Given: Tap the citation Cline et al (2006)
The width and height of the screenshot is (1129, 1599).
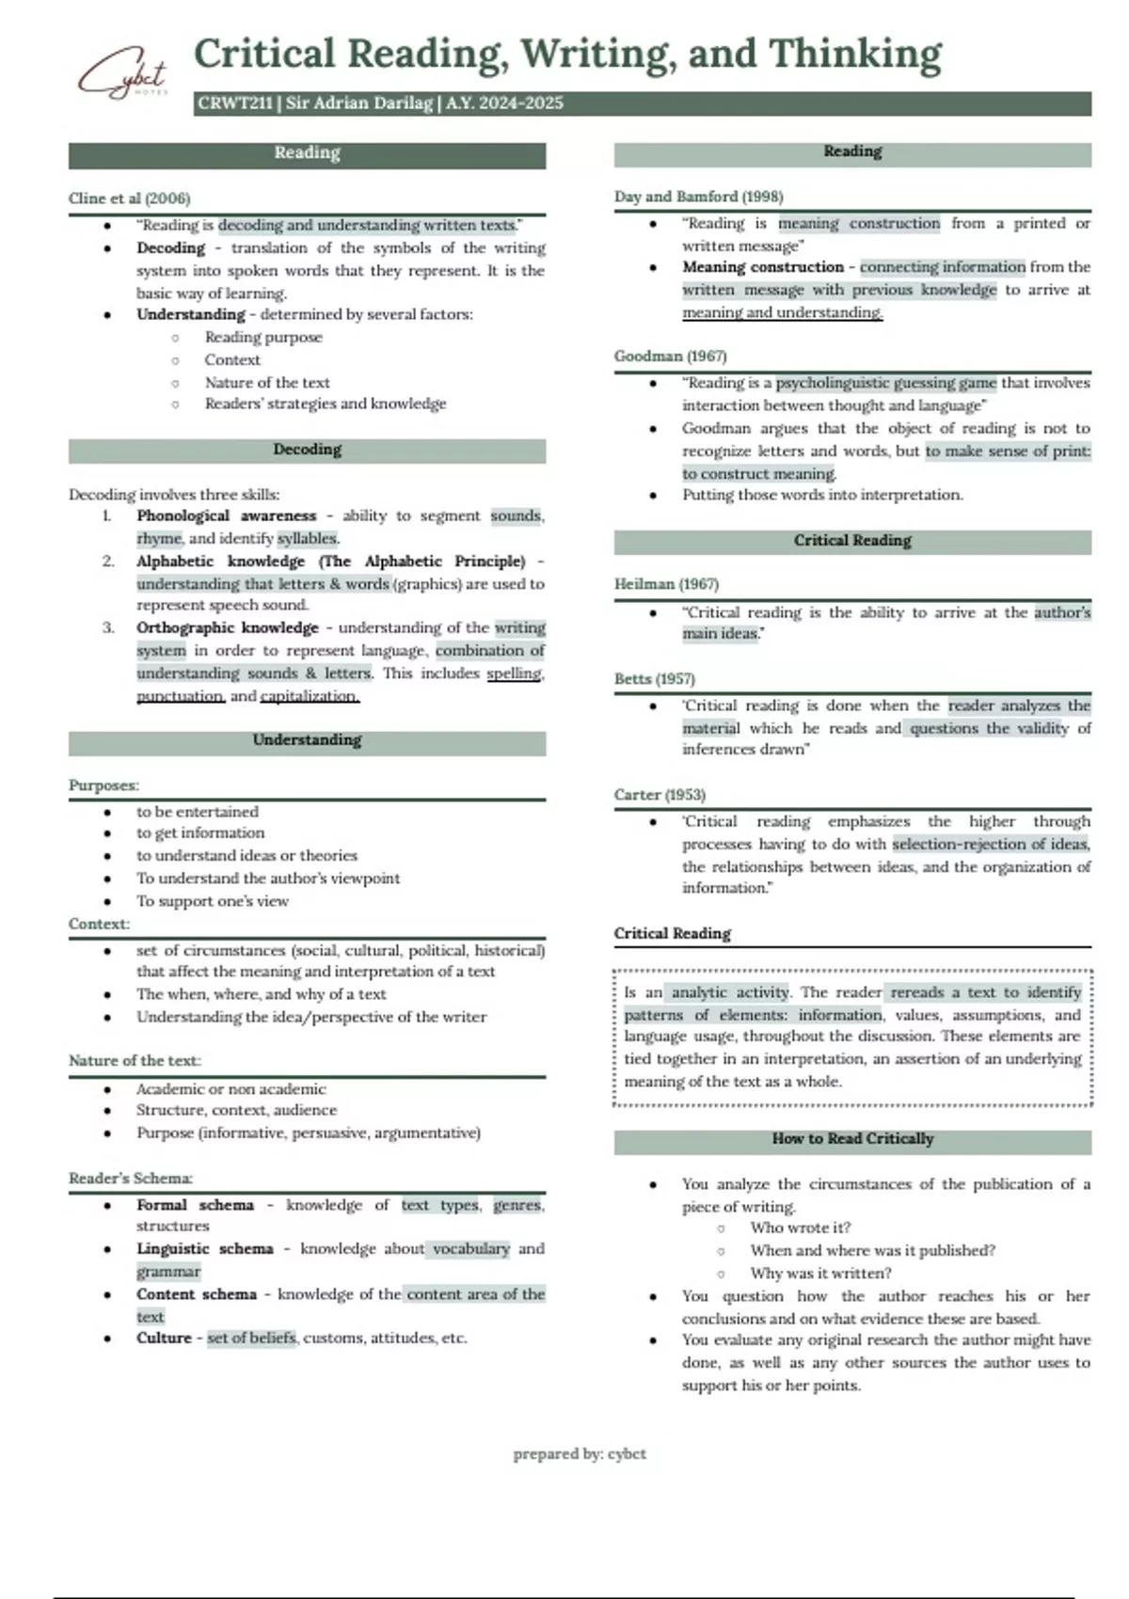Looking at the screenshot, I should tap(129, 198).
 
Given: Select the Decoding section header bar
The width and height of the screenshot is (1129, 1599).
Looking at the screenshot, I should tap(307, 451).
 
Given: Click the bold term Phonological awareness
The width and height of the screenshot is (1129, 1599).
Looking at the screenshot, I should tap(226, 516).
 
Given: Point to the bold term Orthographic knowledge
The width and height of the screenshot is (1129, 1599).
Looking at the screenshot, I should tap(228, 628).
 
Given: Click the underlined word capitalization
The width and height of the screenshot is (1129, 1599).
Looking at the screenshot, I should tap(310, 697).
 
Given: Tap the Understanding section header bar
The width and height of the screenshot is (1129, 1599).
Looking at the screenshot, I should tap(307, 741).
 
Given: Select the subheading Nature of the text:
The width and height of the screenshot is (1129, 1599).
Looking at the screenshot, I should tap(135, 1061).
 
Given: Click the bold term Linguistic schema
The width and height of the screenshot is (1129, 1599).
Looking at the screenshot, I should tap(204, 1249).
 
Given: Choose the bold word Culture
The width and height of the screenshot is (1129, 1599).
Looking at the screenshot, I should tap(164, 1338).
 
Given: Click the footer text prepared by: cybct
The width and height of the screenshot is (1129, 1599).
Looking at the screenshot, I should tap(580, 1454).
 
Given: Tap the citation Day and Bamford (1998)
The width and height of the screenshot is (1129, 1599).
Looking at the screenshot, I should tap(698, 197).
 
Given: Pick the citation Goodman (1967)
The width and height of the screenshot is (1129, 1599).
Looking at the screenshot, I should tap(670, 356).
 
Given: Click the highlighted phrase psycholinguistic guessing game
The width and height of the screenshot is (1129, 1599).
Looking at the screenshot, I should tap(885, 383).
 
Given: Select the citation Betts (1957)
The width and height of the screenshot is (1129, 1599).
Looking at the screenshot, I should tap(654, 679).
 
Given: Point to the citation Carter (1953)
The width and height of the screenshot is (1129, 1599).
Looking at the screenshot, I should tap(660, 795).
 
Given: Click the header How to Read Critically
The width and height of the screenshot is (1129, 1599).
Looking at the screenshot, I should tap(852, 1139).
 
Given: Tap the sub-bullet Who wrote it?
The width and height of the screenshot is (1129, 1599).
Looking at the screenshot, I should tap(800, 1228).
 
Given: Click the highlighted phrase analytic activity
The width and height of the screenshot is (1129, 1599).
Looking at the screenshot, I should tap(730, 992).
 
